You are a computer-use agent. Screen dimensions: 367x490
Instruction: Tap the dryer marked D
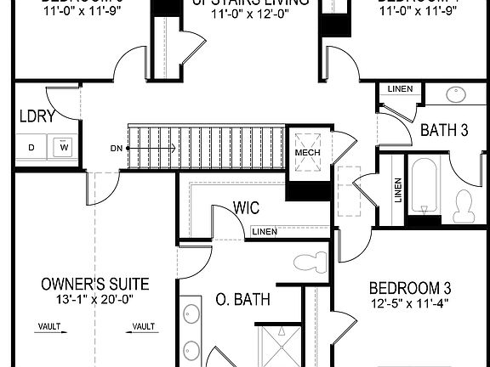pyautogui.click(x=32, y=147)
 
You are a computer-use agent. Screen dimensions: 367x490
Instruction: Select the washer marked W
pyautogui.click(x=63, y=147)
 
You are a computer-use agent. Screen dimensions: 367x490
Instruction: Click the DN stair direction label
pyautogui.click(x=117, y=147)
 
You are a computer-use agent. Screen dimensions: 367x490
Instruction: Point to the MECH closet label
pyautogui.click(x=305, y=153)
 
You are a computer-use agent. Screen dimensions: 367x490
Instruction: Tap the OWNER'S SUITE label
pyautogui.click(x=95, y=284)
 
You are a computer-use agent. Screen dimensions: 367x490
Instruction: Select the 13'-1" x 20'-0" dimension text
pyautogui.click(x=95, y=299)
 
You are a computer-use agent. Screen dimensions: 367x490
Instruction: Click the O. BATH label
pyautogui.click(x=242, y=299)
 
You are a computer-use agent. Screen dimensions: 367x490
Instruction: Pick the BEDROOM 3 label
pyautogui.click(x=411, y=287)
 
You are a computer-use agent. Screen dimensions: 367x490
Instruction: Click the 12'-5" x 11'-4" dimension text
pyautogui.click(x=411, y=302)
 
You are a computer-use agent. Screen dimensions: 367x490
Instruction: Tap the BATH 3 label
pyautogui.click(x=444, y=130)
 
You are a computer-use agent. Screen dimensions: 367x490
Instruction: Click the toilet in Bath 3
pyautogui.click(x=464, y=204)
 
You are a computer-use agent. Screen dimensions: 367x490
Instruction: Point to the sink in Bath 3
pyautogui.click(x=456, y=95)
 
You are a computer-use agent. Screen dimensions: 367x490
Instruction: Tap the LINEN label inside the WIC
pyautogui.click(x=264, y=232)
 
